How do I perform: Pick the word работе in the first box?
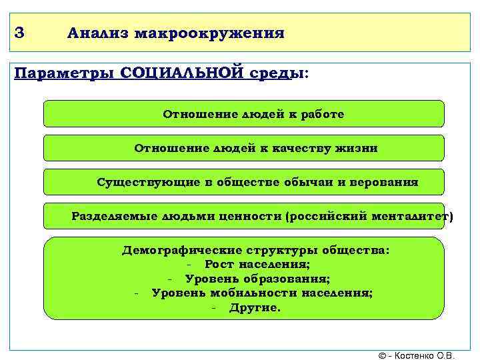coord(322,115)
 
